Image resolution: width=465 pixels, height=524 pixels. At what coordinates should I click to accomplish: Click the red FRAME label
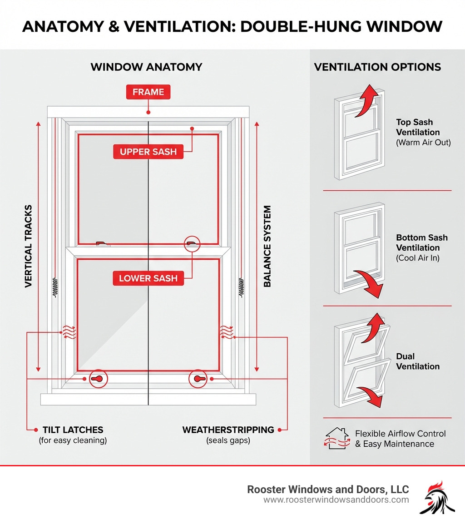(148, 92)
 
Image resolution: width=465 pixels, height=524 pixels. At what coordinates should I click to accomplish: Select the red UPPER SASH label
(148, 152)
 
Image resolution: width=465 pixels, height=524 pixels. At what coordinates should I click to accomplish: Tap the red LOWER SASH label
(148, 278)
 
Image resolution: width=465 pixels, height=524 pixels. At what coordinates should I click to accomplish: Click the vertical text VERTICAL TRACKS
(29, 246)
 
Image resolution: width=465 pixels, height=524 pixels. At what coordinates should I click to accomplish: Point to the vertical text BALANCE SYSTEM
(267, 246)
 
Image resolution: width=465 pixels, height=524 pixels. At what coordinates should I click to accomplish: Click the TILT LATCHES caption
(73, 430)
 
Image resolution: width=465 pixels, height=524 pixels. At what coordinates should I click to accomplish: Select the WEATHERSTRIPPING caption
(228, 430)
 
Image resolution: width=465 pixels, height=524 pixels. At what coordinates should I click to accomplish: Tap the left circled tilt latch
(98, 379)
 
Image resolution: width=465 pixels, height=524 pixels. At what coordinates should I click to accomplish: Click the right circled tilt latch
(198, 379)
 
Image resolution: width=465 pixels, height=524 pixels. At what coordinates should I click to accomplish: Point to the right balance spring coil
(241, 287)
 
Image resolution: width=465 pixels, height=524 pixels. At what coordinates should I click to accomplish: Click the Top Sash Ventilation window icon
(359, 134)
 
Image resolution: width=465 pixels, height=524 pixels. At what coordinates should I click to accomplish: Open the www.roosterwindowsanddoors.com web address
(336, 500)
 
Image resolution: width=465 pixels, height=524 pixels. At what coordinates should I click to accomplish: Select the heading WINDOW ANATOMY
(146, 67)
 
